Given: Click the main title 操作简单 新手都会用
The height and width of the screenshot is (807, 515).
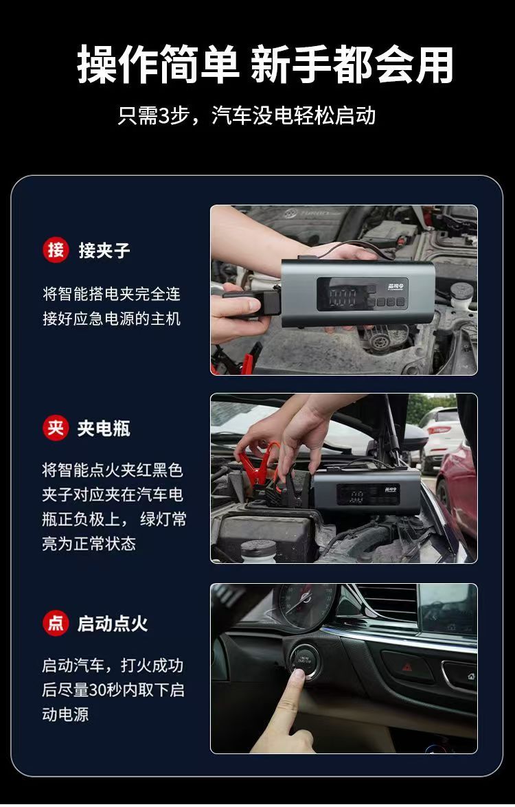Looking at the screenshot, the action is pyautogui.click(x=265, y=65).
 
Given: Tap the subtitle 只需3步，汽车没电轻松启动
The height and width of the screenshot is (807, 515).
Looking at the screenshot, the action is pyautogui.click(x=247, y=116).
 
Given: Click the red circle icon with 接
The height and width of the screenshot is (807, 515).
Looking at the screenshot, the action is pyautogui.click(x=56, y=250).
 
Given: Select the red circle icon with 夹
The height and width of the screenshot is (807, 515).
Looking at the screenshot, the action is pyautogui.click(x=56, y=428).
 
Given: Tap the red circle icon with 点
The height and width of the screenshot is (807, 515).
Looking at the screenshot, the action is pyautogui.click(x=56, y=623).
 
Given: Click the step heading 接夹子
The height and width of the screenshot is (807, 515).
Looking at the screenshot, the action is pyautogui.click(x=104, y=251).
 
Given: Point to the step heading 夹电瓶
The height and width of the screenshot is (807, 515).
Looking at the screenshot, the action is pyautogui.click(x=104, y=429).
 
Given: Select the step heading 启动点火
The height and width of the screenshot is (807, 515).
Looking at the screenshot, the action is pyautogui.click(x=113, y=624).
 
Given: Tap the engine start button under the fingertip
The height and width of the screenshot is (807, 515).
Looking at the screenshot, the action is pyautogui.click(x=305, y=659).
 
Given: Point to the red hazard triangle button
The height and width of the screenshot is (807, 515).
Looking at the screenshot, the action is pyautogui.click(x=407, y=667).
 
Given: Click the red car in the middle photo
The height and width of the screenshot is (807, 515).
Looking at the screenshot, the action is pyautogui.click(x=457, y=494).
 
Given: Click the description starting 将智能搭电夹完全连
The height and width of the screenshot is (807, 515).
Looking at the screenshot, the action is pyautogui.click(x=112, y=306).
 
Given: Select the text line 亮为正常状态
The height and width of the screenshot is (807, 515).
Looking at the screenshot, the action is pyautogui.click(x=89, y=543).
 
